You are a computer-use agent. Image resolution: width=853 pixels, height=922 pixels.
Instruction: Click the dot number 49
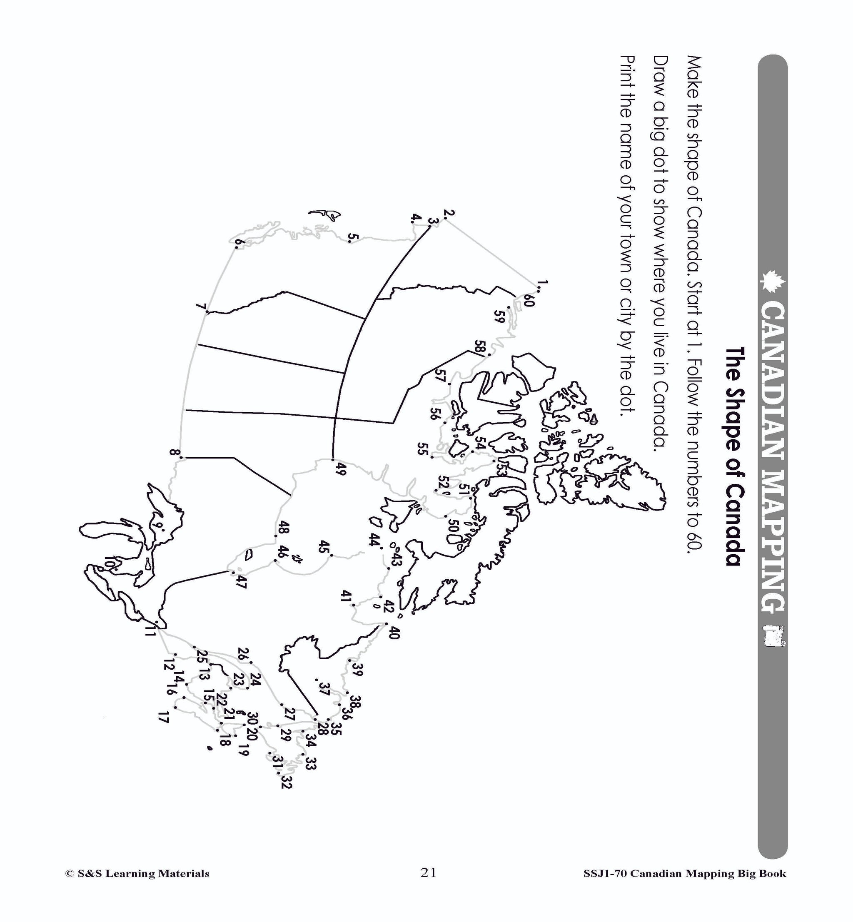[x=332, y=459]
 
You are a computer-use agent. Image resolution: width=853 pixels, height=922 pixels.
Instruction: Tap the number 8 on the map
[x=174, y=453]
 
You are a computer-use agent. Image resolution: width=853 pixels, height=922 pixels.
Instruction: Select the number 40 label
[x=393, y=632]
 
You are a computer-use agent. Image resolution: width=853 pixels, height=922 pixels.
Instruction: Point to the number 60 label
[x=528, y=302]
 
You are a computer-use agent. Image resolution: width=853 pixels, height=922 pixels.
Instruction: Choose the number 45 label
[x=324, y=547]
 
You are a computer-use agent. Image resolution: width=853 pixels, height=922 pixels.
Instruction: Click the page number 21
[x=428, y=872]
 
